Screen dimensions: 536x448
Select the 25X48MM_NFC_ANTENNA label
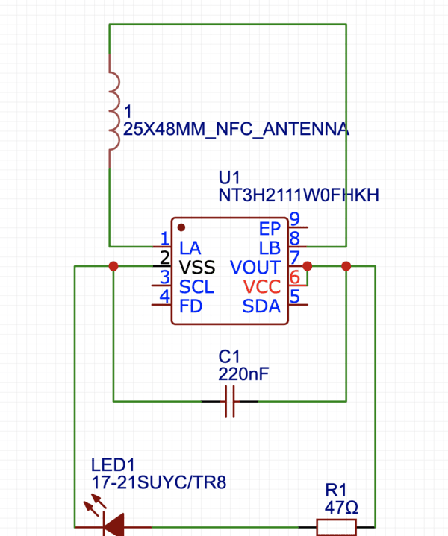pos(236,130)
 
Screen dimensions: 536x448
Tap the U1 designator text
pos(230,179)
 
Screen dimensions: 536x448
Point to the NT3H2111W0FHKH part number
pos(299,195)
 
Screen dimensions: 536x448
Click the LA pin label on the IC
pos(190,247)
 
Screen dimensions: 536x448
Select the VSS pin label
pos(196,267)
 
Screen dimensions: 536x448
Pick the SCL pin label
pos(196,286)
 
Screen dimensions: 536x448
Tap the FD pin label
pos(191,306)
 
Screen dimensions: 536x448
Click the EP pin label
pos(270,228)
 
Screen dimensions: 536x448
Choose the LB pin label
pos(270,247)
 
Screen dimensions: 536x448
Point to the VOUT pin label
pos(255,267)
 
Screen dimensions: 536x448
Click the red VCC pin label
pos(261,286)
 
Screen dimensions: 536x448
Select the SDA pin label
pos(261,306)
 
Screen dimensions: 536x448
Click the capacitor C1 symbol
pos(230,401)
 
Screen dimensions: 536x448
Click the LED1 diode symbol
pos(113,526)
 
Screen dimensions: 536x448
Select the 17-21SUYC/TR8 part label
pos(158,482)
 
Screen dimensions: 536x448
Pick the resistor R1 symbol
pos(337,527)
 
